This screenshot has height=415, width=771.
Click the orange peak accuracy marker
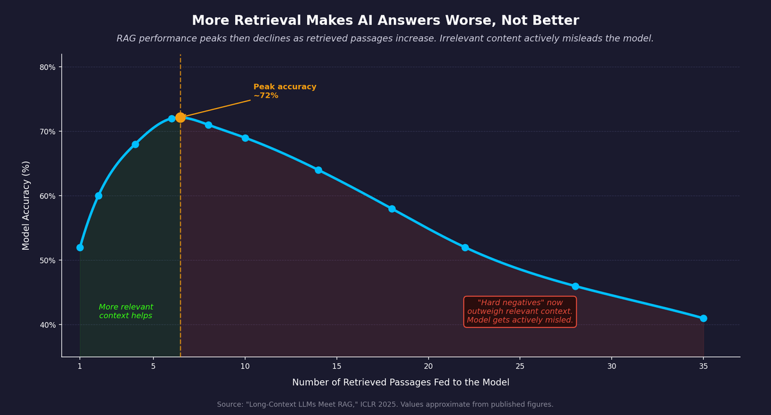pos(181,118)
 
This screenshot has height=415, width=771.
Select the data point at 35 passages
pos(704,319)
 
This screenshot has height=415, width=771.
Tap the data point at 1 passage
pos(80,247)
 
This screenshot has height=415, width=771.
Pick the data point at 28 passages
pos(575,287)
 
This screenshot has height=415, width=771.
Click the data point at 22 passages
pos(465,247)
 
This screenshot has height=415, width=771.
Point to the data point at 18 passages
pos(392,209)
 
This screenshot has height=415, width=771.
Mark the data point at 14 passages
pos(318,170)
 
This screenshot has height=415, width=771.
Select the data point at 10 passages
pos(245,138)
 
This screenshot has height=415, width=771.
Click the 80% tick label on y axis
pos(48,67)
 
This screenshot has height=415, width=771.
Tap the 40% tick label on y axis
pos(48,325)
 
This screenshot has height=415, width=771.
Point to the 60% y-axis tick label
pos(48,196)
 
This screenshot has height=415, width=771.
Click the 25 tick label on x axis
pos(520,366)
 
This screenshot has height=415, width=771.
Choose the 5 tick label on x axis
pos(153,366)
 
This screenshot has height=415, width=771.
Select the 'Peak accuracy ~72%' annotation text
pos(285,91)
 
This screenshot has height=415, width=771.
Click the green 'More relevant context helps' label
pos(126,312)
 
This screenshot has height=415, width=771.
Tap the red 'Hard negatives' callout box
pos(520,312)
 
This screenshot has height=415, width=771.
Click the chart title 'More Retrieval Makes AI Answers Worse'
pos(385,21)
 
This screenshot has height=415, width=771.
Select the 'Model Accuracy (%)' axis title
pos(26,206)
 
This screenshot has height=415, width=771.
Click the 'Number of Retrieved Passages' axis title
pos(400,383)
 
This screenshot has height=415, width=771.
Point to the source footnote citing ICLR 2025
pos(385,405)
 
